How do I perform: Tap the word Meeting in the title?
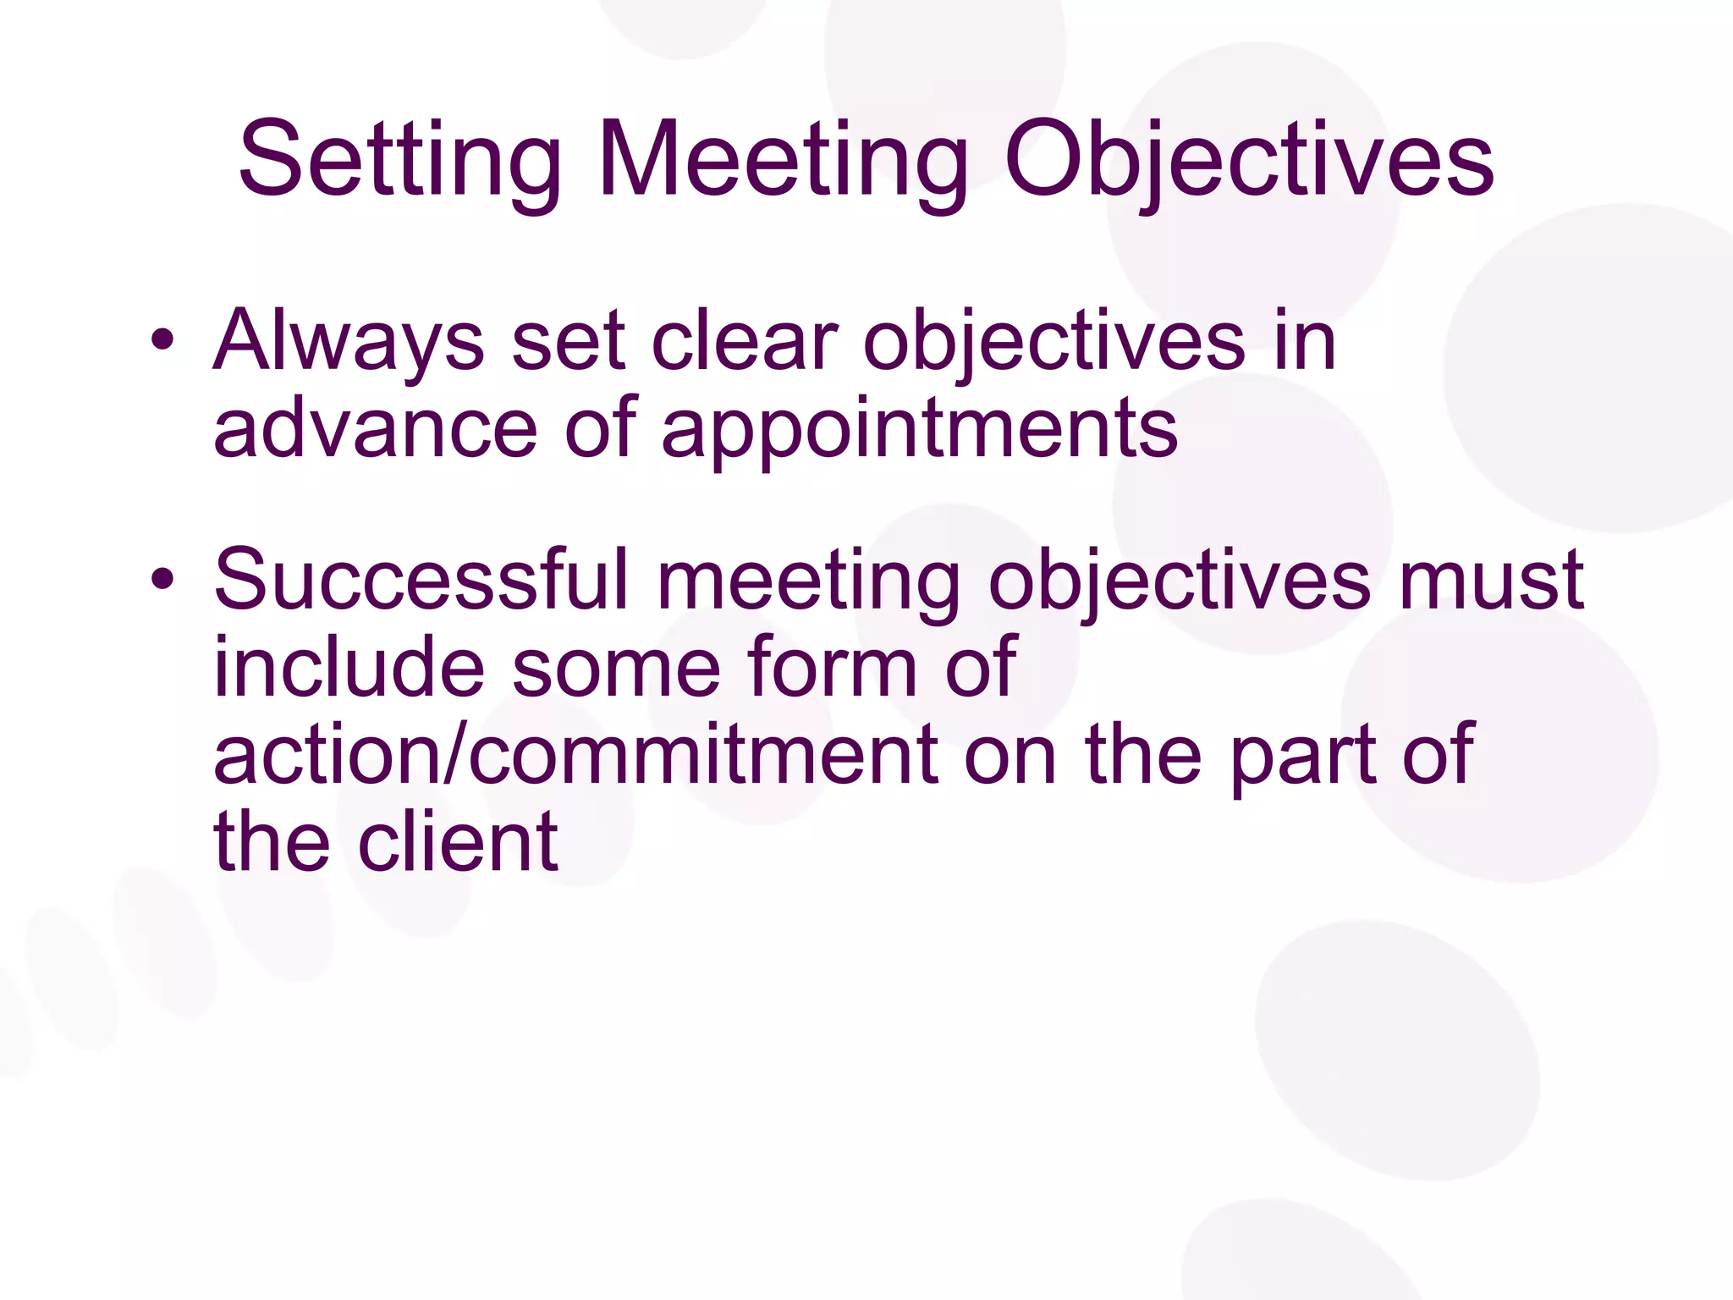tap(783, 161)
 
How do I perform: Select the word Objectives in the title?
tap(1249, 161)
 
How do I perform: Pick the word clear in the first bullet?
tap(744, 340)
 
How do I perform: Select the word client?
tap(458, 841)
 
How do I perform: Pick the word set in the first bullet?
tap(568, 342)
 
